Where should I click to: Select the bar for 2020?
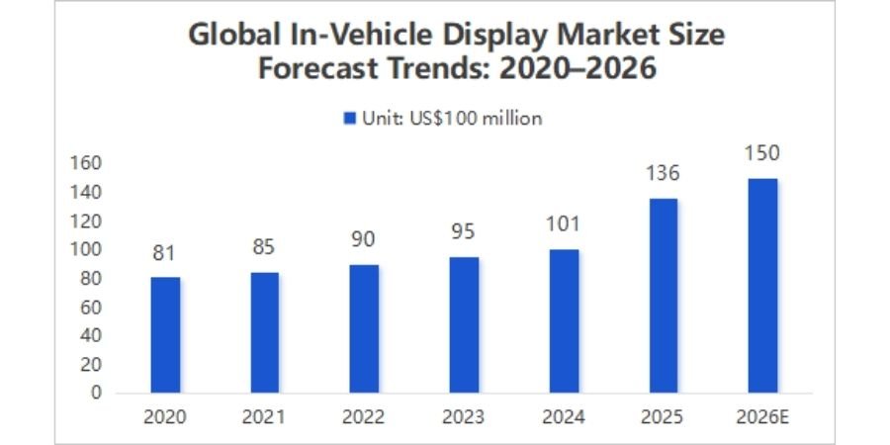pyautogui.click(x=165, y=334)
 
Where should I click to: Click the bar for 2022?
pyautogui.click(x=364, y=328)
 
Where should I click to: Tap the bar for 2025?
pyautogui.click(x=663, y=295)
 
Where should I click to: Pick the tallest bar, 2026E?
pyautogui.click(x=762, y=285)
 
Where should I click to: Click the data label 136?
pyautogui.click(x=663, y=174)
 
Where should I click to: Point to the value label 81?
pyautogui.click(x=165, y=254)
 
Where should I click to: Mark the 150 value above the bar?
pyautogui.click(x=762, y=153)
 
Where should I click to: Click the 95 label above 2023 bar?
pyautogui.click(x=463, y=232)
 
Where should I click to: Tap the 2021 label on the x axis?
pyautogui.click(x=264, y=416)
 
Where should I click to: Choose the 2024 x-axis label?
pyautogui.click(x=563, y=416)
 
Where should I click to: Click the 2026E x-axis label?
pyautogui.click(x=762, y=416)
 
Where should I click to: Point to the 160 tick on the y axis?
pyautogui.click(x=88, y=163)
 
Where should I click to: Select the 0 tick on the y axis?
pyautogui.click(x=95, y=393)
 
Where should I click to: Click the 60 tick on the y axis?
pyautogui.click(x=91, y=307)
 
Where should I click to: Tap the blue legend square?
pyautogui.click(x=349, y=119)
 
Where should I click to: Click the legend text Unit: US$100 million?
pyautogui.click(x=450, y=119)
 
